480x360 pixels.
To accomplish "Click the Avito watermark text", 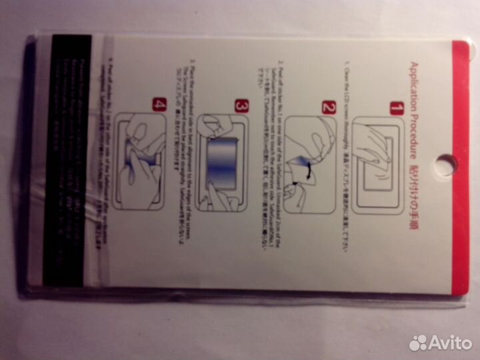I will point(449,343).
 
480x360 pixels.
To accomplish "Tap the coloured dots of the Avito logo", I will point(418,343).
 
